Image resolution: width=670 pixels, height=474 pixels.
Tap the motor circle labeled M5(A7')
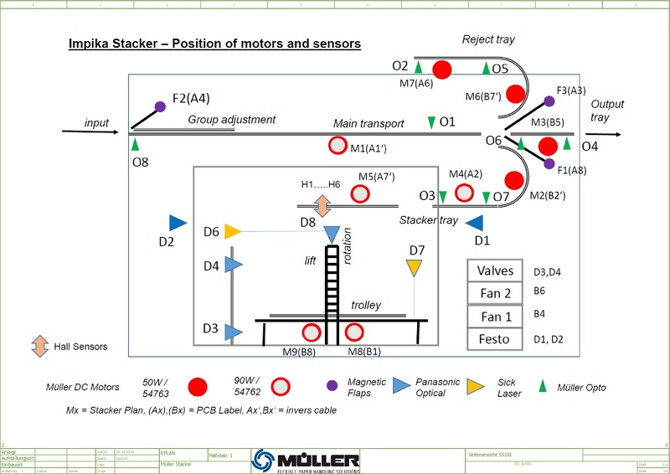pos(360,193)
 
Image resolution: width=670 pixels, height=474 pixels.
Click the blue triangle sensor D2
pos(178,223)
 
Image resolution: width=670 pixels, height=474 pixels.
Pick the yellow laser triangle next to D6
pos(233,232)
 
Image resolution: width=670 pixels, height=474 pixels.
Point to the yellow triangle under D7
pos(414,268)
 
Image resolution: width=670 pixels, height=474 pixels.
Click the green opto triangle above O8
pos(135,144)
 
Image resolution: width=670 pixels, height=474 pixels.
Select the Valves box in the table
pos(497,271)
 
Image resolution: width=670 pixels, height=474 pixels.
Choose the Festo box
pos(497,339)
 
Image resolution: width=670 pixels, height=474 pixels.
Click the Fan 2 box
pos(497,294)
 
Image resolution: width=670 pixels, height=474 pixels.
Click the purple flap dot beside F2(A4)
pos(159,106)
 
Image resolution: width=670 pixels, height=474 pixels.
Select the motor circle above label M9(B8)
pos(312,332)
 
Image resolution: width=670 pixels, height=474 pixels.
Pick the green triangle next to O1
pos(431,122)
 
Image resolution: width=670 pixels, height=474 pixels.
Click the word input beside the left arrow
pos(97,124)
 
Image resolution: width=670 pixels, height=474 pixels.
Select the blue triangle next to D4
pos(233,265)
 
